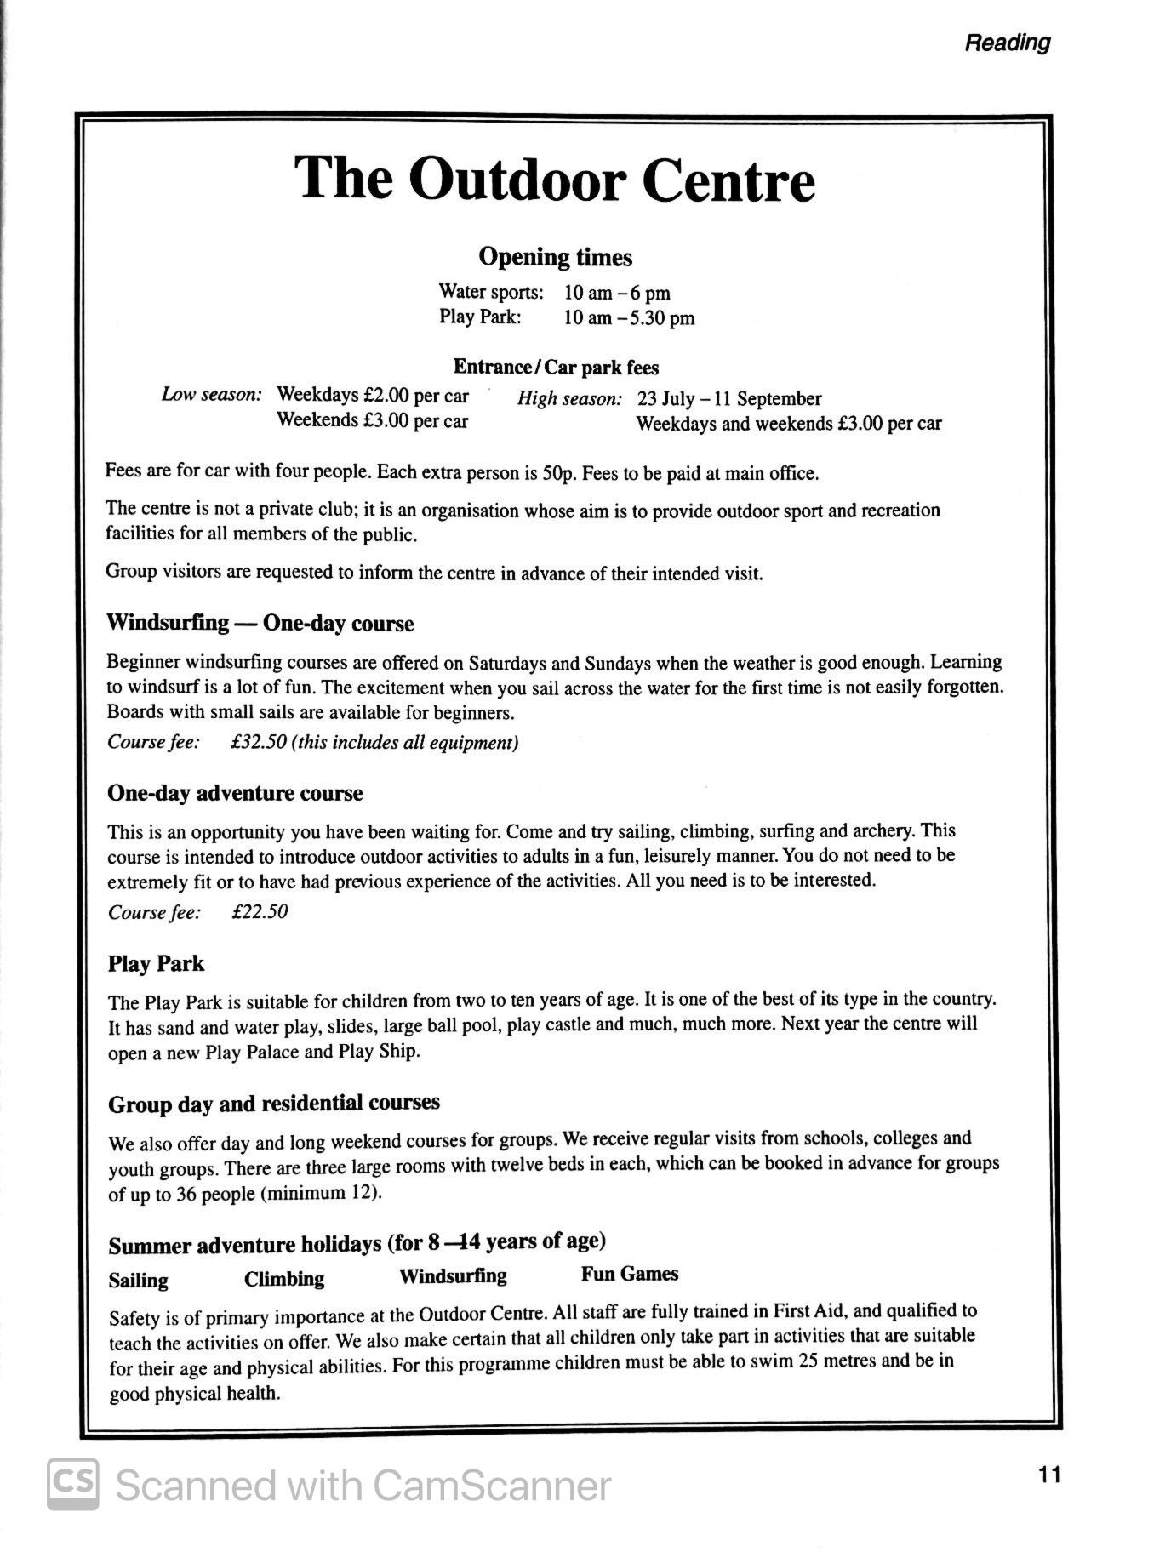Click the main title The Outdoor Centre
point(555,180)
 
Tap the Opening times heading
point(555,257)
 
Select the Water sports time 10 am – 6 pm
point(617,294)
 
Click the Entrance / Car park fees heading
point(556,368)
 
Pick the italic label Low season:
point(212,395)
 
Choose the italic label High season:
point(569,399)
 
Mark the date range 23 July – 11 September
point(729,399)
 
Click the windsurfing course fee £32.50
point(259,742)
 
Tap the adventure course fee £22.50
point(260,912)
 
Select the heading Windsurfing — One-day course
point(260,624)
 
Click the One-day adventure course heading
point(235,793)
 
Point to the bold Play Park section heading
point(156,964)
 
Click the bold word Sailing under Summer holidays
point(138,1281)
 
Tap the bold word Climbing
point(284,1279)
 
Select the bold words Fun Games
point(630,1274)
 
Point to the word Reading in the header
point(1008,43)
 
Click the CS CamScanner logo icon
point(72,1485)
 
